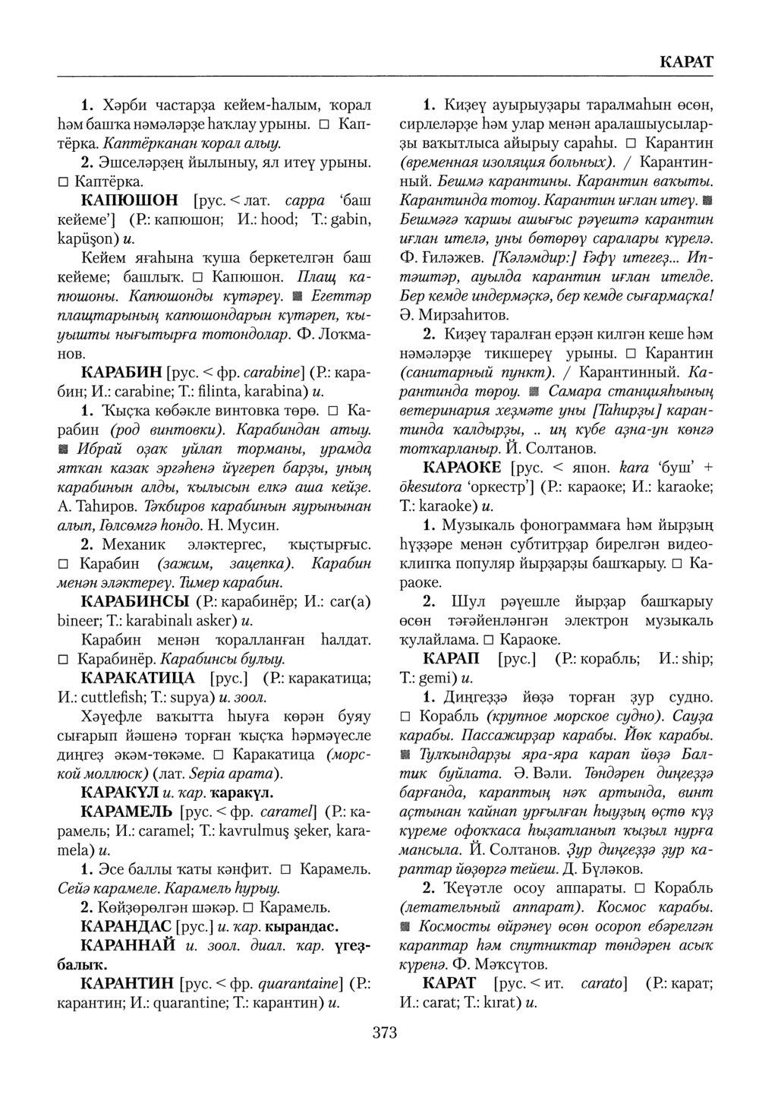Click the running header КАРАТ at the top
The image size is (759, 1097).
click(687, 62)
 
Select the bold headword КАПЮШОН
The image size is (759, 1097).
click(129, 201)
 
